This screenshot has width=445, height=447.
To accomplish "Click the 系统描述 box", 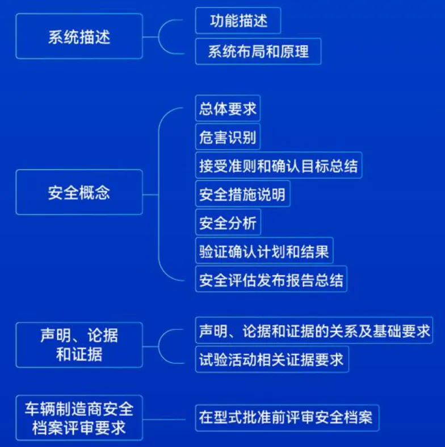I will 79,36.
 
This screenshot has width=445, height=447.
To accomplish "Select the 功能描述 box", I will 238,21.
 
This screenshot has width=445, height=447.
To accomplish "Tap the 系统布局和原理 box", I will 258,52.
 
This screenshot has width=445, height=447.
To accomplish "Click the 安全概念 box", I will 79,192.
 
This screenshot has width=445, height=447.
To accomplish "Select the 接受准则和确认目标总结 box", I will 278,165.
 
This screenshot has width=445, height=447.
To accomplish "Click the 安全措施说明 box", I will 242,194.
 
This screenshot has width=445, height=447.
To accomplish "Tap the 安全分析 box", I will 228,222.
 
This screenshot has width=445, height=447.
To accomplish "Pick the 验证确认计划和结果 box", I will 264,251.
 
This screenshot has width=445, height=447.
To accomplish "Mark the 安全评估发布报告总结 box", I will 271,280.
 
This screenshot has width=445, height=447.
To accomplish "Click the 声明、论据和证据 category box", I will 79,344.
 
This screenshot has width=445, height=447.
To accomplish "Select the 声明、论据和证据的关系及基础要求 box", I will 314,330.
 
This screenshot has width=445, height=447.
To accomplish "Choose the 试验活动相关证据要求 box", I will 271,359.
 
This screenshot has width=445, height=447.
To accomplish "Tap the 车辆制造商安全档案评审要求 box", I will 79,417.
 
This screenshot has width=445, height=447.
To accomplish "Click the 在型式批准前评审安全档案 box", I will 286,418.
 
